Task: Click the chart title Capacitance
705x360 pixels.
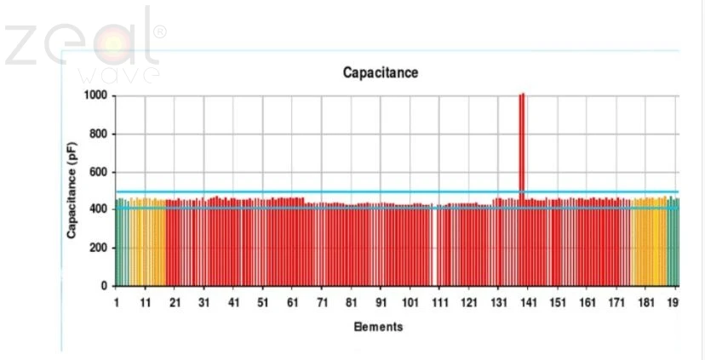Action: (381, 73)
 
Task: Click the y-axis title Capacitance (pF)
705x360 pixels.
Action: (75, 191)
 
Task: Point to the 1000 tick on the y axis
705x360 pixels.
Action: (95, 96)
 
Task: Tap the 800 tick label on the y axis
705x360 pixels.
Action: (98, 134)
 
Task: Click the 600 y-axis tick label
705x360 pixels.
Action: (98, 172)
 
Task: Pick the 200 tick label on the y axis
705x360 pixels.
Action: (98, 248)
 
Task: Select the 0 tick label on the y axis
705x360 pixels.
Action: (104, 286)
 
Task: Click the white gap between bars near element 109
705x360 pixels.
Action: (434, 247)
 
